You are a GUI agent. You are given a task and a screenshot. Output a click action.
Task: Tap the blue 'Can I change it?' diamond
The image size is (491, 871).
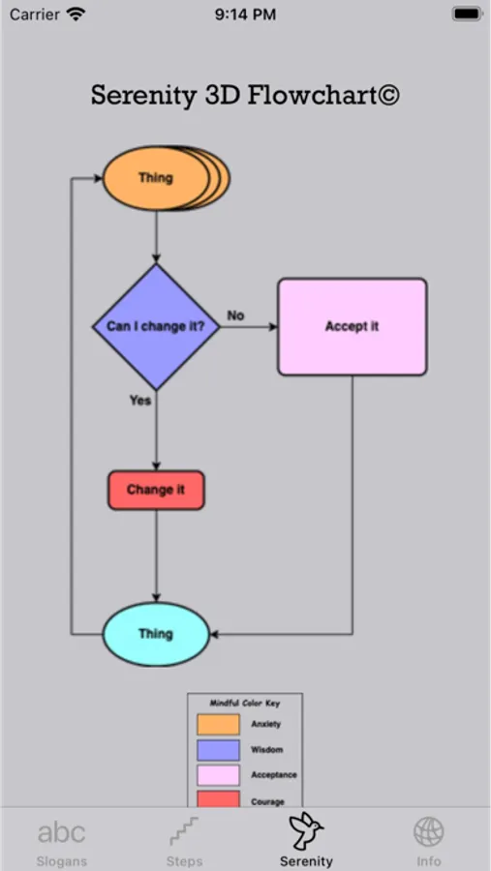coord(156,327)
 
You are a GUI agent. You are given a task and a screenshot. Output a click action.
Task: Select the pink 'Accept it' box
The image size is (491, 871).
coord(352,327)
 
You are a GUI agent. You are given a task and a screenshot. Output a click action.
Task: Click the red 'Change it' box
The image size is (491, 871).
coord(156,490)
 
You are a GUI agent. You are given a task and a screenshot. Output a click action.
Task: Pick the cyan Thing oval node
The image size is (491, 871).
coord(156,634)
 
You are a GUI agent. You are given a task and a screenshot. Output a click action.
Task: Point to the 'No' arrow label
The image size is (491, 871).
coord(235,315)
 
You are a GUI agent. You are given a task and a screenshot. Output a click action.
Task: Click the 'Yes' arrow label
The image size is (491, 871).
coord(140,400)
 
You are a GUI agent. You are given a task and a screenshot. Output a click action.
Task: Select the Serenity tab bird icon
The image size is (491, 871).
coord(306,830)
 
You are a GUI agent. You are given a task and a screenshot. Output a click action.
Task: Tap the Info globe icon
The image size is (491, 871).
coord(428,831)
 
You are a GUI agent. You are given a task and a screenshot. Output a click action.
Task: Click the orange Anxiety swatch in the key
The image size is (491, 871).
coord(218,724)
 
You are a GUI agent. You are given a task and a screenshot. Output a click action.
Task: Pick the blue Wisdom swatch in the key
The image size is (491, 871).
coord(218,750)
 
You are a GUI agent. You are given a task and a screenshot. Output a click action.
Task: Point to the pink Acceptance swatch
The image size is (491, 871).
coord(218,775)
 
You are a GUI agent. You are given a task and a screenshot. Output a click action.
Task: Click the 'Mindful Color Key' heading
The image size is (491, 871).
coord(245,704)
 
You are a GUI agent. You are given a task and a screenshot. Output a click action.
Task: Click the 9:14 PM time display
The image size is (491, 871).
coord(245,15)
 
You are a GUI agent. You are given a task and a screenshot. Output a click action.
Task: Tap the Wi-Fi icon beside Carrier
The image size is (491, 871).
coord(77,15)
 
